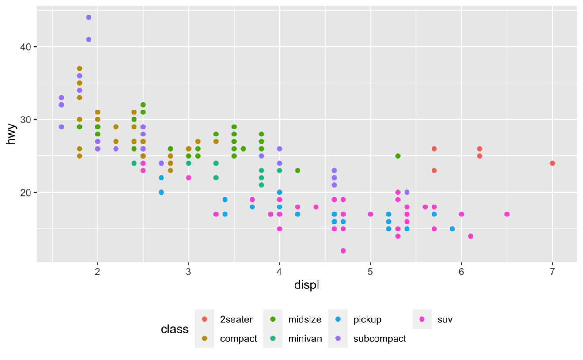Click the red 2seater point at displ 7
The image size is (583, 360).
click(x=552, y=163)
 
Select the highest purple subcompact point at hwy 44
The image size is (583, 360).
click(x=88, y=18)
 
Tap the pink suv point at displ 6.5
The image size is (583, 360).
click(x=507, y=214)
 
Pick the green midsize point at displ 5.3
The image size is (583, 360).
click(x=397, y=156)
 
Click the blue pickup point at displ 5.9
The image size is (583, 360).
click(x=452, y=229)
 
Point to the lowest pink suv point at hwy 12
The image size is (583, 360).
click(x=343, y=250)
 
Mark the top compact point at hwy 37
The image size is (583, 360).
click(x=79, y=68)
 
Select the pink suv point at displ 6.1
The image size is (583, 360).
click(x=470, y=236)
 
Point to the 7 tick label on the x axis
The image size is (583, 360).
click(x=552, y=270)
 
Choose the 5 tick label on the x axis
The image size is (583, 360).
click(x=371, y=270)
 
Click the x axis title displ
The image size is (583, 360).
click(x=307, y=285)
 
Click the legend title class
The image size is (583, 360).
click(x=174, y=329)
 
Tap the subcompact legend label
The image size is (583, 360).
click(x=379, y=339)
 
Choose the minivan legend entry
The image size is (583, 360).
click(x=305, y=339)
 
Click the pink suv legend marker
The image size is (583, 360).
click(x=422, y=319)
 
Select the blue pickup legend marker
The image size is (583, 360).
click(x=337, y=319)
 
